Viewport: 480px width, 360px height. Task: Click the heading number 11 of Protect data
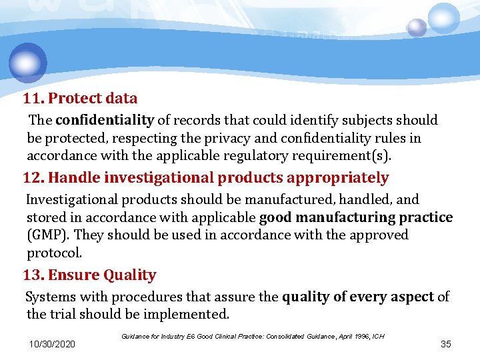[33, 99]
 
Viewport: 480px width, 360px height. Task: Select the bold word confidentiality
[105, 121]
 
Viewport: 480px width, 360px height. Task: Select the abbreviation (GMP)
[48, 235]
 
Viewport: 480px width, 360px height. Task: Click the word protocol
[53, 253]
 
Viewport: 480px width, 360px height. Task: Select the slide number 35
[446, 344]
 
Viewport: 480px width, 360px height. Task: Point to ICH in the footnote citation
[378, 336]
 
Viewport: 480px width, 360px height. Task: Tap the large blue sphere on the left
[28, 63]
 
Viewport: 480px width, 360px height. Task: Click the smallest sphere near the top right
[417, 27]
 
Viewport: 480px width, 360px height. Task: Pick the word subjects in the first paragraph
[372, 121]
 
